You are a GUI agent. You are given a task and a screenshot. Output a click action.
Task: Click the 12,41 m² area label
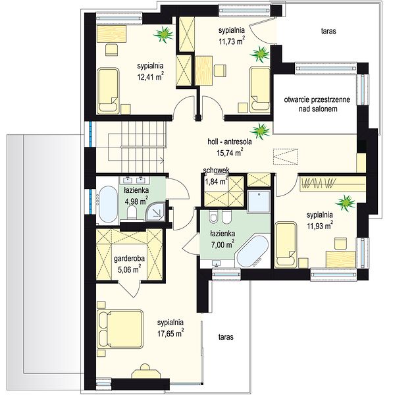click(x=150, y=76)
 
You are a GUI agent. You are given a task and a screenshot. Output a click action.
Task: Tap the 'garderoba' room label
click(x=129, y=259)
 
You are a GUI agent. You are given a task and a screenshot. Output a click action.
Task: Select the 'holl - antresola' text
click(x=230, y=142)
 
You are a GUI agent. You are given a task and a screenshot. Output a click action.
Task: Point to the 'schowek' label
click(x=216, y=170)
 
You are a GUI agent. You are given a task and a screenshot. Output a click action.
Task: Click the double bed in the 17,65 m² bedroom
click(x=120, y=329)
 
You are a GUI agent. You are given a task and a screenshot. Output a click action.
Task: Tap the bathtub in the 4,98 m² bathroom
click(x=107, y=204)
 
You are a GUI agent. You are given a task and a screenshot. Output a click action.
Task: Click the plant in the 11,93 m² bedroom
click(x=345, y=203)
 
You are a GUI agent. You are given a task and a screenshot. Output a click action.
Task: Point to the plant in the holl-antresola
click(x=261, y=131)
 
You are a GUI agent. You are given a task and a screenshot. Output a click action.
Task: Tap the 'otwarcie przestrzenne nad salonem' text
click(x=317, y=104)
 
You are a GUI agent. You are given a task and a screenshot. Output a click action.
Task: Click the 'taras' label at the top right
click(x=328, y=31)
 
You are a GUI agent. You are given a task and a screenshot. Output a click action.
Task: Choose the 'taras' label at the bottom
click(x=226, y=336)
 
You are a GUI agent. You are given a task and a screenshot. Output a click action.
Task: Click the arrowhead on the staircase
click(x=162, y=160)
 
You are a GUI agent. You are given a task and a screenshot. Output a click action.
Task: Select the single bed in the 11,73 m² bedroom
click(x=260, y=90)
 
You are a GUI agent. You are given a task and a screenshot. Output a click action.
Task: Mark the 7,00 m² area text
click(x=222, y=244)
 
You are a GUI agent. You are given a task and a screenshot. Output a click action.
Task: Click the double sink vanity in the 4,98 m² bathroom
click(x=134, y=180)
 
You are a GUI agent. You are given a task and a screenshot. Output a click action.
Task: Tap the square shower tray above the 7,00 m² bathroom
click(x=259, y=201)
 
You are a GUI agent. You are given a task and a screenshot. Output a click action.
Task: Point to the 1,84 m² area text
click(x=216, y=181)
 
